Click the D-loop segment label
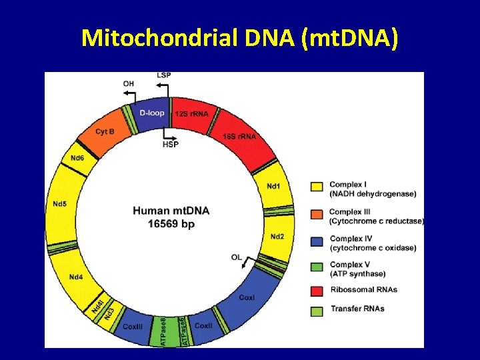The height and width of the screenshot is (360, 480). pos(152,113)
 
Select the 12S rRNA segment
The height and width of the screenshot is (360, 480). pos(191,114)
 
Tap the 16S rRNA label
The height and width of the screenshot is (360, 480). pos(239,136)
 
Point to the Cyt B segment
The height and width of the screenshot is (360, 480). pos(105,132)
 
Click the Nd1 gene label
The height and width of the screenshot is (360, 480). pos(273,185)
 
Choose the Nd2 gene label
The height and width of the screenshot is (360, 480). pos(277,237)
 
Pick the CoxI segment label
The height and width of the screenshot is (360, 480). pos(247,297)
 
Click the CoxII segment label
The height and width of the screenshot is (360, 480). pos(203,325)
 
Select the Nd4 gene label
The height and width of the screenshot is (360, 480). pos(76,277)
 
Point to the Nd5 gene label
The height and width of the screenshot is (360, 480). pos(59,203)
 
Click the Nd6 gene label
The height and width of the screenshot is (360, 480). pos(77,158)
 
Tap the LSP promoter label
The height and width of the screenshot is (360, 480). pos(163,75)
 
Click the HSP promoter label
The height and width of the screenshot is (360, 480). pos(171,145)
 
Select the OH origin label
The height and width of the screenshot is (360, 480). pos(129,83)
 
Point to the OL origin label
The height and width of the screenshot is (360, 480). pos(237,257)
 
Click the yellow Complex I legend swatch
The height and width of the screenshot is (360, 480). pos(317,186)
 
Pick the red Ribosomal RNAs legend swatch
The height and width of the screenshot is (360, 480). pos(317,290)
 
